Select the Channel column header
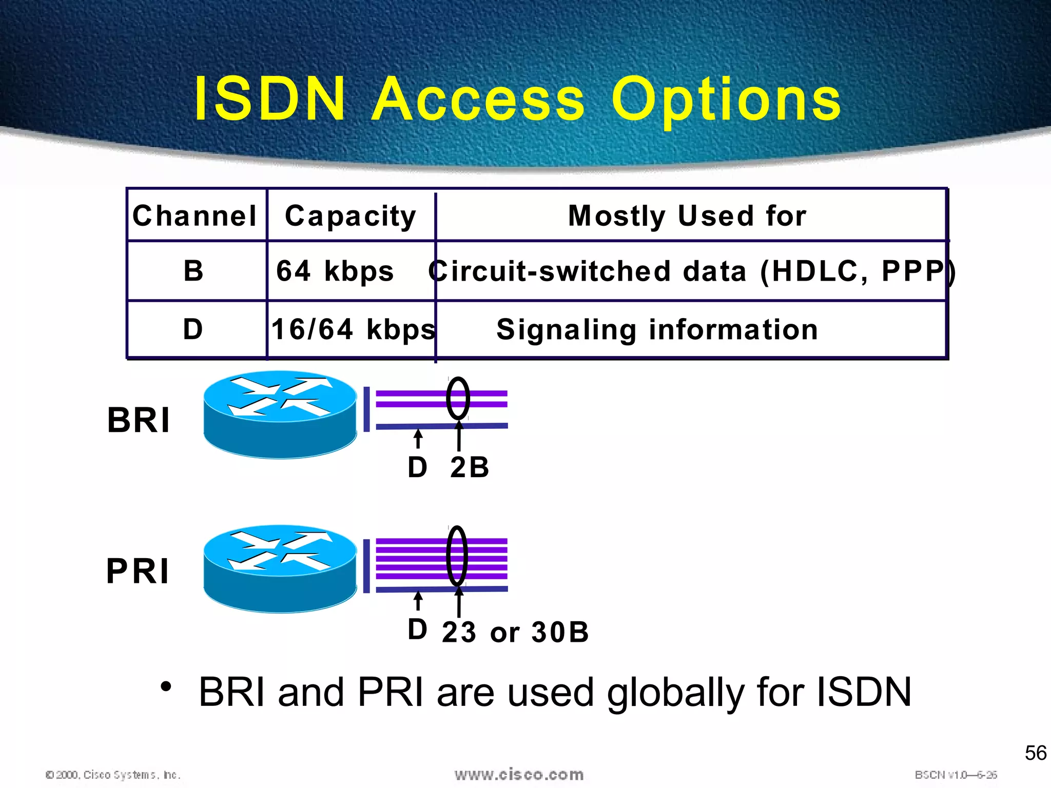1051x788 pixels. (194, 215)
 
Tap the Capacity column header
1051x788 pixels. (351, 215)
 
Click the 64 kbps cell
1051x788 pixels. (335, 271)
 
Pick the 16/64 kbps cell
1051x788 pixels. (353, 329)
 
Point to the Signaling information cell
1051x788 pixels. (657, 329)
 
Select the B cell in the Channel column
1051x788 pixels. (193, 270)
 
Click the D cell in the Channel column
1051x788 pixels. (193, 329)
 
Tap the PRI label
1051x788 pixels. (138, 571)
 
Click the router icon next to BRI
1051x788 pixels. (280, 414)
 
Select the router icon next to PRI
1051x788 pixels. (280, 568)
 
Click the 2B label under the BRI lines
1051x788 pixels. (469, 467)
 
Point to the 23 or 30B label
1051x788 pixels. (515, 632)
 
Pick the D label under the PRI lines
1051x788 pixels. (417, 629)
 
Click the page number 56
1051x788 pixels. (1035, 753)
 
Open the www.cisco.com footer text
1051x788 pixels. (519, 774)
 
